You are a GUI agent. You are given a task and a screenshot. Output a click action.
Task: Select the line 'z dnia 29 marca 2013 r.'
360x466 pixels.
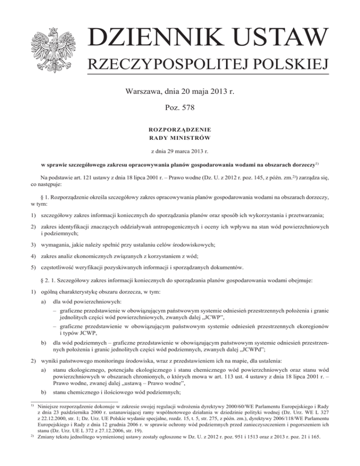(180, 152)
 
